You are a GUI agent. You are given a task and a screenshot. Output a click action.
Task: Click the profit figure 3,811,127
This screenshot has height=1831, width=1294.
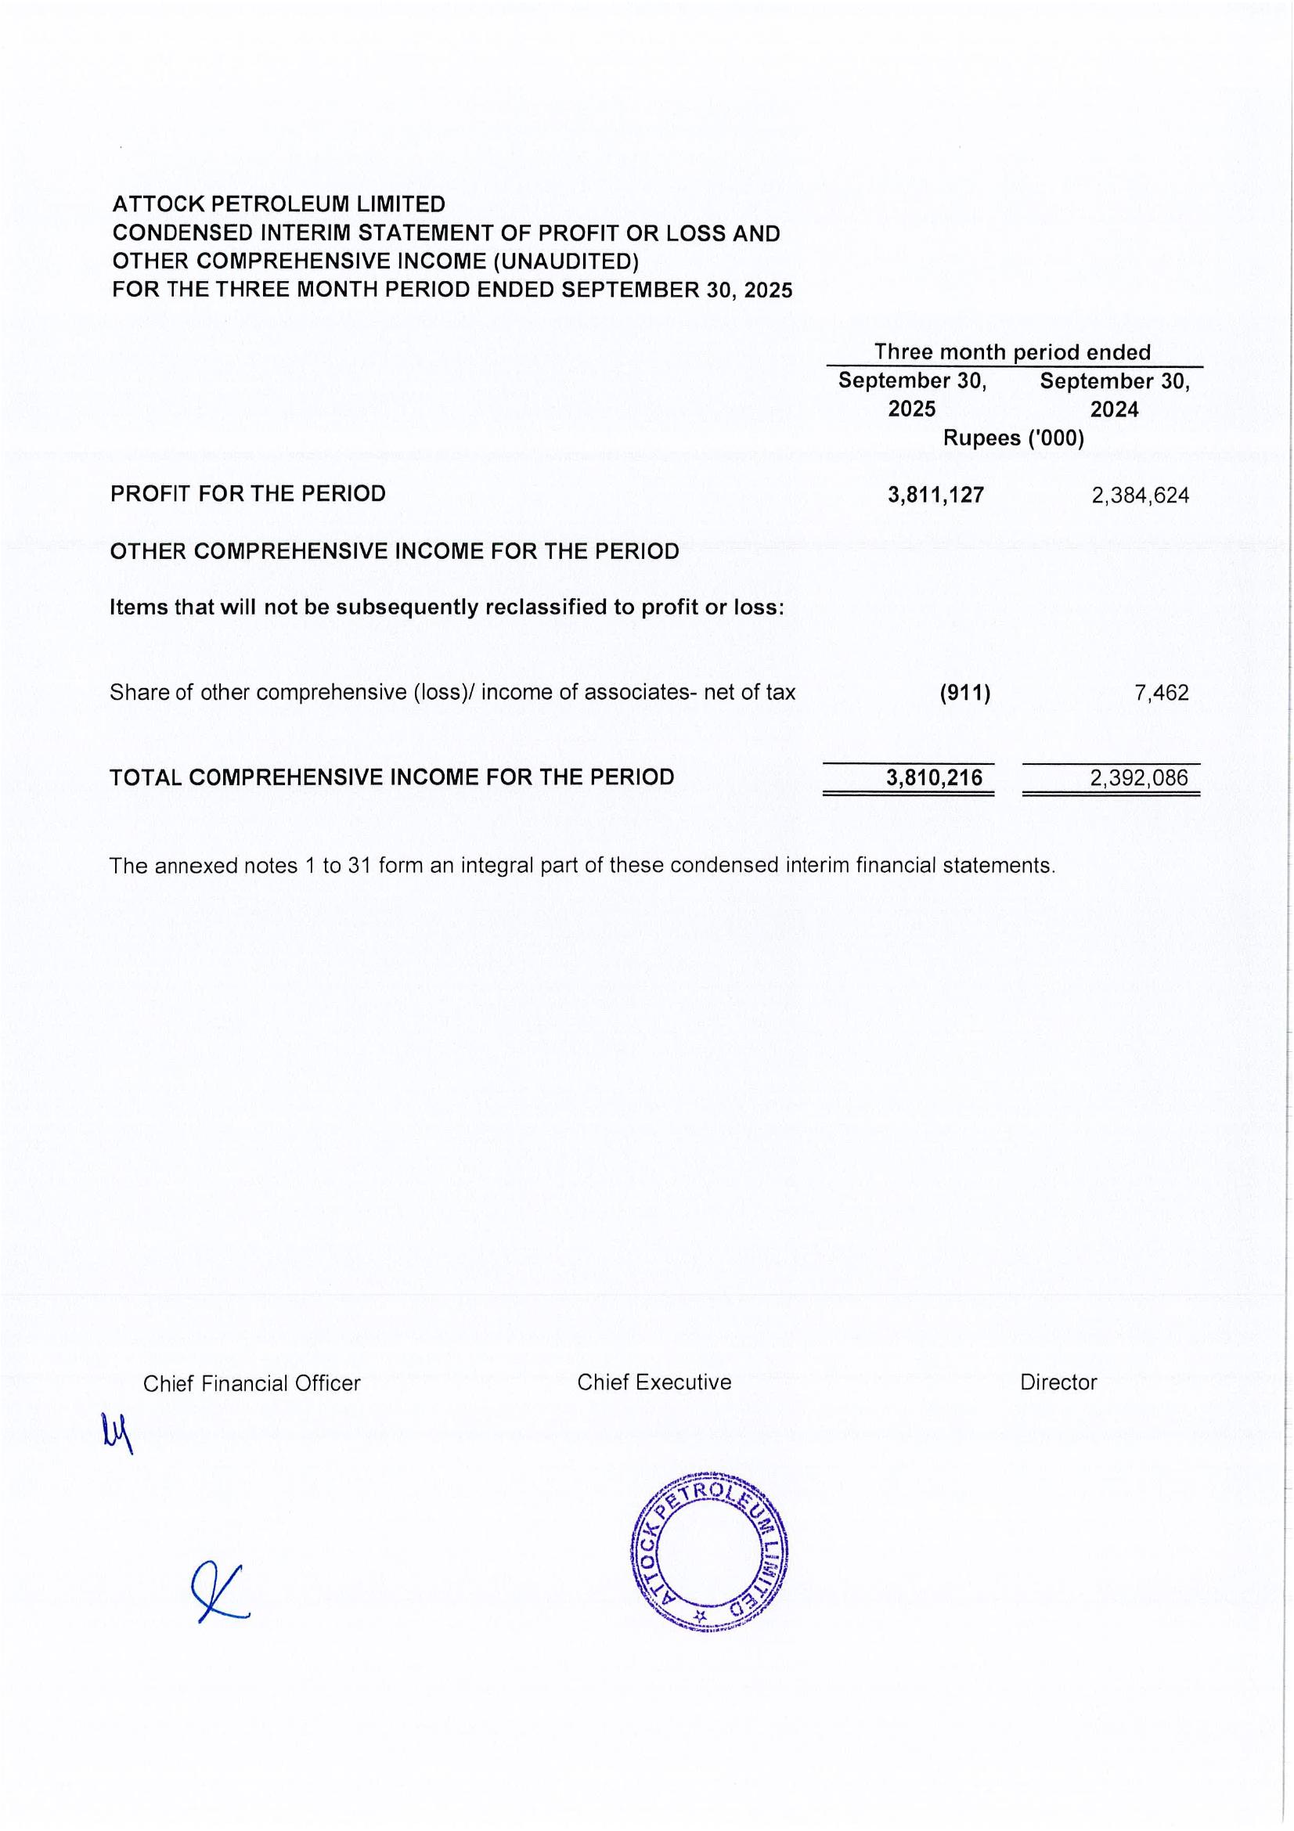pos(935,496)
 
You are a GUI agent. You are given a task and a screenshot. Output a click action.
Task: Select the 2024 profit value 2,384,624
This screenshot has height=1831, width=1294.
pos(1139,496)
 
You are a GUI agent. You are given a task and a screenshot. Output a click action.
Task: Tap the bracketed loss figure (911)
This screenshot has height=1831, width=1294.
pos(964,692)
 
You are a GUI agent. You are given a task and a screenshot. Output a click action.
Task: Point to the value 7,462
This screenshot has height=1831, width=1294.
pos(1161,692)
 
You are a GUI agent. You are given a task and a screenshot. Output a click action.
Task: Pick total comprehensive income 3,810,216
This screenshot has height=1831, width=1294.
pos(934,777)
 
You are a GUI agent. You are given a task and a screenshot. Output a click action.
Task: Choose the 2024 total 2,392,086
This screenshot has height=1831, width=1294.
pos(1138,777)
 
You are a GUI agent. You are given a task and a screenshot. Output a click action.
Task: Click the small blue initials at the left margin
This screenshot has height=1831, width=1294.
pos(117,1433)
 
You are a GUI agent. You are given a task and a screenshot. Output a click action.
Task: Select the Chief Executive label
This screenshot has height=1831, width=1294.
pos(654,1382)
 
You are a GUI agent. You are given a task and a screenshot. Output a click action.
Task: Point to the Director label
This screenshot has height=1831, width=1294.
pos(1058,1382)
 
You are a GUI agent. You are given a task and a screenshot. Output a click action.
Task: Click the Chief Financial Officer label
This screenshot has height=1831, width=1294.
pos(251,1382)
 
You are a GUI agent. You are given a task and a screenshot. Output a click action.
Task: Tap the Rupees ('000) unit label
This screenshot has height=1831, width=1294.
pos(1013,438)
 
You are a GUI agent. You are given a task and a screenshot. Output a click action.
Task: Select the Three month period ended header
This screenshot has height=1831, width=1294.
pos(1011,351)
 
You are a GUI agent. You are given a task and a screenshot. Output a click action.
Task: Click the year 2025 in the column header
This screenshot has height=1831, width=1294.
pos(911,409)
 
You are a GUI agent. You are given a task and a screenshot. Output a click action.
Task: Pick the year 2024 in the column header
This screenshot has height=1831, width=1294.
pos(1114,409)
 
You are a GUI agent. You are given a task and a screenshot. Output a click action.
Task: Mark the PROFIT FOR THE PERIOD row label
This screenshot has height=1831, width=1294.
pos(247,494)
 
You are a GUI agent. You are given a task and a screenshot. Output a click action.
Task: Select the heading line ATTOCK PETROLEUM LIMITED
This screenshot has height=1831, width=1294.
pos(278,204)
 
